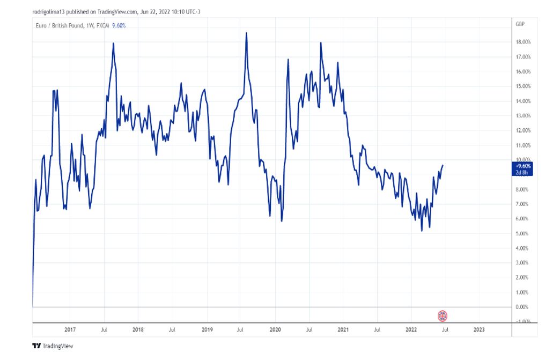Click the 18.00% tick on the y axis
[523, 42]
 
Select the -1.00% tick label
[523, 321]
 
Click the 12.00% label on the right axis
[523, 130]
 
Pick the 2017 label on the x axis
[70, 330]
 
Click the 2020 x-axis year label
[275, 330]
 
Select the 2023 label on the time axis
[480, 330]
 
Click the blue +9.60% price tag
[523, 166]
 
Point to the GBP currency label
[520, 25]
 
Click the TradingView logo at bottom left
[52, 346]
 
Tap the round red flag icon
[443, 315]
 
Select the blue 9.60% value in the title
[119, 25]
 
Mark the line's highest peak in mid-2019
[246, 33]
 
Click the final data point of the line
[443, 165]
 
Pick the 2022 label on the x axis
[411, 330]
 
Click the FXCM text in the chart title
[101, 25]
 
